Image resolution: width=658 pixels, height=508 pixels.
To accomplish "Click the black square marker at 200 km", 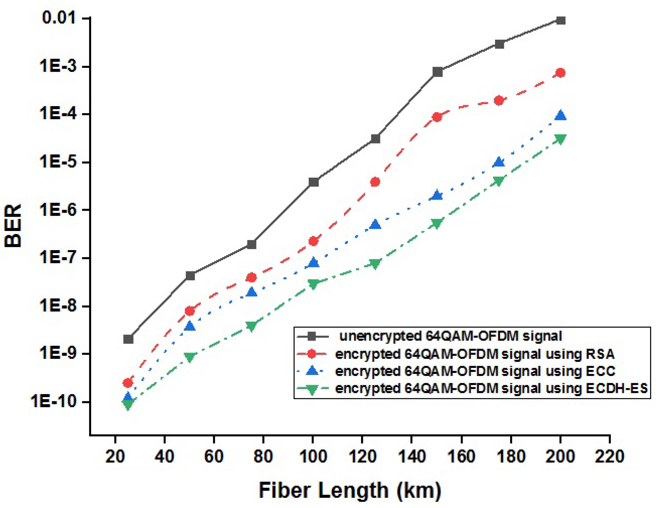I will point(560,20).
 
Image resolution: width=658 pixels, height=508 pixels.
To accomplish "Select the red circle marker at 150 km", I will point(437,117).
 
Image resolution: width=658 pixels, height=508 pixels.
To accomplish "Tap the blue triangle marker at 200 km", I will point(560,115).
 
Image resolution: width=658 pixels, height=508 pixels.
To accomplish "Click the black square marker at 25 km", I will point(128,339).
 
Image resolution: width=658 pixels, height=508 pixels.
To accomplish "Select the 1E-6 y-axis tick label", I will point(57,210).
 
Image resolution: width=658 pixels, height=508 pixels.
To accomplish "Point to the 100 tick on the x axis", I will point(313,456).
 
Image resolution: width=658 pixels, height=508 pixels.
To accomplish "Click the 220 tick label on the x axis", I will point(609,456).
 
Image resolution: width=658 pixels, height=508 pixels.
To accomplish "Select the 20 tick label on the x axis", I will point(115,456).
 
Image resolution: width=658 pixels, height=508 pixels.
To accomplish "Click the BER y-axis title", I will point(13,226).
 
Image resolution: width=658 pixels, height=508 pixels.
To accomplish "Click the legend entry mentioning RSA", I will point(475,354).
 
